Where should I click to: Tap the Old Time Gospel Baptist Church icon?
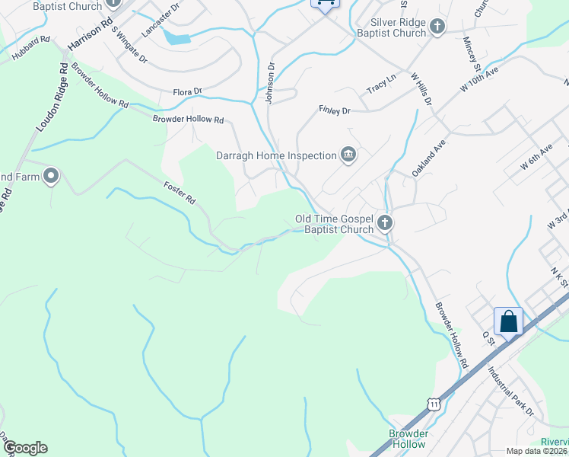click(x=385, y=224)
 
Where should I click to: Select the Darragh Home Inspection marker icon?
click(x=348, y=155)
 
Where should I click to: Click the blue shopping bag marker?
click(x=508, y=321)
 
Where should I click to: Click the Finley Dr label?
click(x=334, y=111)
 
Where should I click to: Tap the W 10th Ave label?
click(x=479, y=79)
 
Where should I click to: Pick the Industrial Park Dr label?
click(x=511, y=391)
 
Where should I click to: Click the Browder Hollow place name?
click(x=408, y=439)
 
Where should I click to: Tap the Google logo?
click(x=25, y=448)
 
